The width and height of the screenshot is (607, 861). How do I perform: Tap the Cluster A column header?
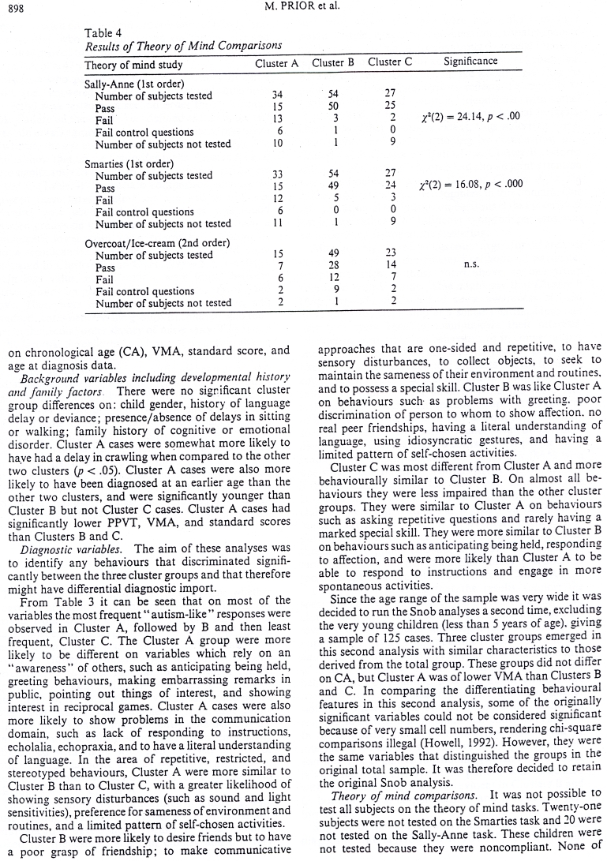pos(277,62)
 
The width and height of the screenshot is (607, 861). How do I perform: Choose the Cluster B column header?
pos(333,62)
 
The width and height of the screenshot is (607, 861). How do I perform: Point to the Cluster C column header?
pos(390,62)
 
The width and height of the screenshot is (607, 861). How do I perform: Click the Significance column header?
pos(470,61)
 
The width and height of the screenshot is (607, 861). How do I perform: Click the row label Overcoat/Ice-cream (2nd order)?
pos(156,244)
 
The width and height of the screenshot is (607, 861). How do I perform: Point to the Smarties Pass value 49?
pos(333,188)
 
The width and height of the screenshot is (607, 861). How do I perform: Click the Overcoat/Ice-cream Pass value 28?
pos(333,268)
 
